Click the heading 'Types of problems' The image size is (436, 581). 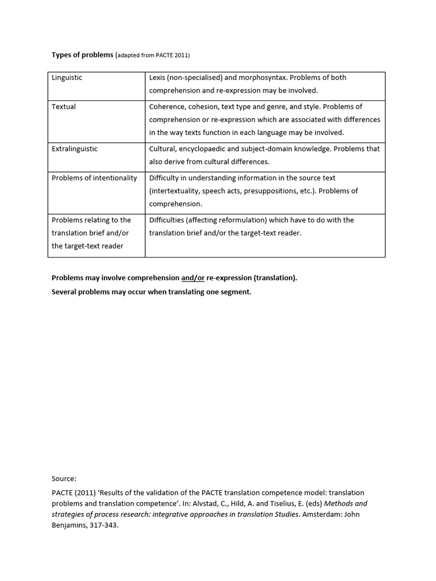82,54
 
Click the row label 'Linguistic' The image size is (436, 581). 67,78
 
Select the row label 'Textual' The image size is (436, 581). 64,107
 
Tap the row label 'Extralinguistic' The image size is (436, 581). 74,149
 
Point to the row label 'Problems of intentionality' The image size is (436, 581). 94,178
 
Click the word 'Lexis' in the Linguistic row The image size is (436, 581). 158,78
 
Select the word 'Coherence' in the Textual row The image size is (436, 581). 167,107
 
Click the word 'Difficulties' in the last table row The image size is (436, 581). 167,220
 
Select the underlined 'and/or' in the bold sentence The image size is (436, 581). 192,278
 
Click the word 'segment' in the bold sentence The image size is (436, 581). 236,292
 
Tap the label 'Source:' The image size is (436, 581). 64,479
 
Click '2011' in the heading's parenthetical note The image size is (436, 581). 178,55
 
